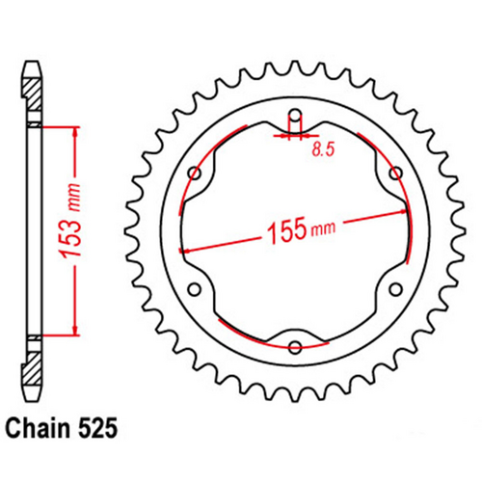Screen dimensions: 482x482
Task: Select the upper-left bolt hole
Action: click(195, 174)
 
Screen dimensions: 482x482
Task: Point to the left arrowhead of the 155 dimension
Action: click(183, 251)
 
